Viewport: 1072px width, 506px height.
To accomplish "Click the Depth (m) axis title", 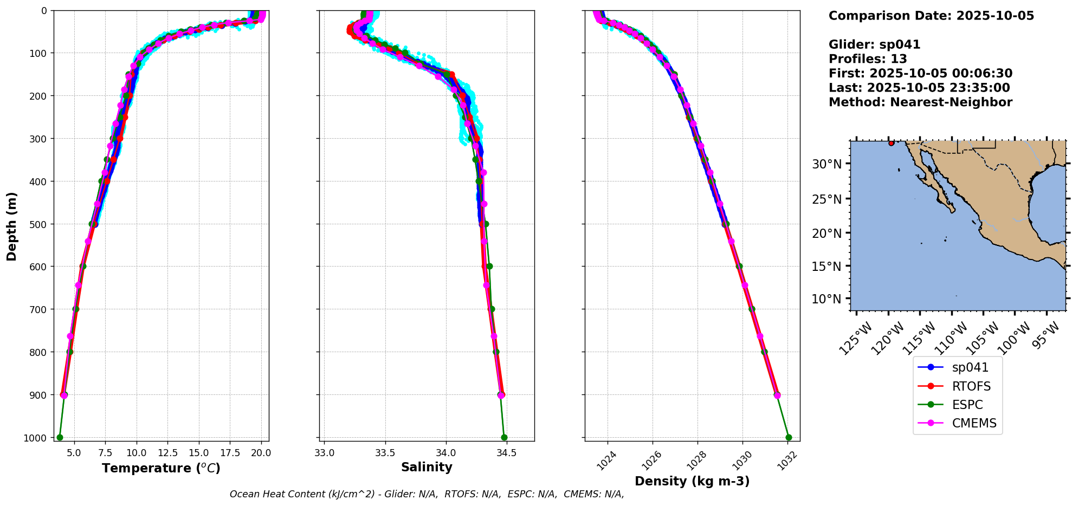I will (x=11, y=226).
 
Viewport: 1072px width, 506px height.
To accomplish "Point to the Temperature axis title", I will (x=161, y=468).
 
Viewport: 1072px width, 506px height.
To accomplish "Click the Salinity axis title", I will (x=427, y=467).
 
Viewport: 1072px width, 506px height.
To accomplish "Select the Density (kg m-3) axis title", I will (x=692, y=481).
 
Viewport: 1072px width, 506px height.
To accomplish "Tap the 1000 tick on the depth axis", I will (x=35, y=438).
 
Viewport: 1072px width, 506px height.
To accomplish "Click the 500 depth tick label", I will (x=38, y=224).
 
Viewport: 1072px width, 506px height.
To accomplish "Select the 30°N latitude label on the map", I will (x=826, y=164).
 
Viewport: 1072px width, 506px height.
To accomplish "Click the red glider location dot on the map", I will (x=891, y=143).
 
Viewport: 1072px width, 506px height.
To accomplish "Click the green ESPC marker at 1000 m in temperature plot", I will (x=60, y=437).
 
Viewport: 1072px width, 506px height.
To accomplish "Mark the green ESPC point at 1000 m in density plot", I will (x=789, y=437).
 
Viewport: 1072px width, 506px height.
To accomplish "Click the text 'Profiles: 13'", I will (x=868, y=59).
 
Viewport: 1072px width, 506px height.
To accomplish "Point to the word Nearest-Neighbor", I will (x=951, y=102).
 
